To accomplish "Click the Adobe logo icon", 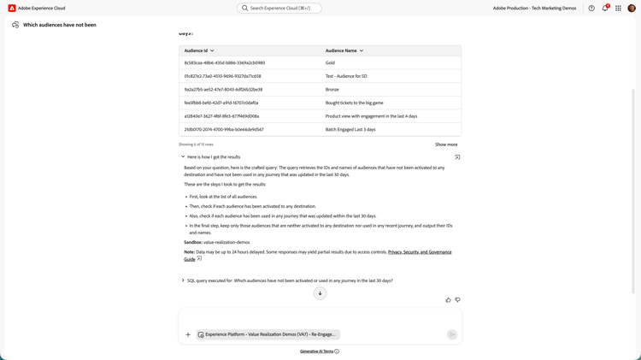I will tap(12, 8).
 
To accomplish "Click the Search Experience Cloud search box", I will tap(279, 8).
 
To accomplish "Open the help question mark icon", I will tap(591, 8).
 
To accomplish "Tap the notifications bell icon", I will tap(605, 8).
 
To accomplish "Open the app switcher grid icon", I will tap(618, 8).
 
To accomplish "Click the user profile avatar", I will tap(632, 8).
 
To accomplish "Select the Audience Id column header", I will tap(199, 50).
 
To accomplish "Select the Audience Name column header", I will tap(343, 50).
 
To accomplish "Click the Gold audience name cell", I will tap(330, 62).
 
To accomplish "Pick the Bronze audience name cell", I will tap(332, 89).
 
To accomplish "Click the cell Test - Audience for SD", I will tap(346, 76).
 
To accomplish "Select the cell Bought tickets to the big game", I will tap(354, 103).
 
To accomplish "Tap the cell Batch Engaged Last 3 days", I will tap(350, 129).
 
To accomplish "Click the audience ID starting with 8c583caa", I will tap(225, 62).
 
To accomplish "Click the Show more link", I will tap(446, 145).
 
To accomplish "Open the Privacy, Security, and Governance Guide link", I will tap(420, 252).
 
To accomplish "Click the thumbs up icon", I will tap(448, 300).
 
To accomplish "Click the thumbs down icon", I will tap(457, 300).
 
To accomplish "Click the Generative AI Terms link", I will tap(316, 351).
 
